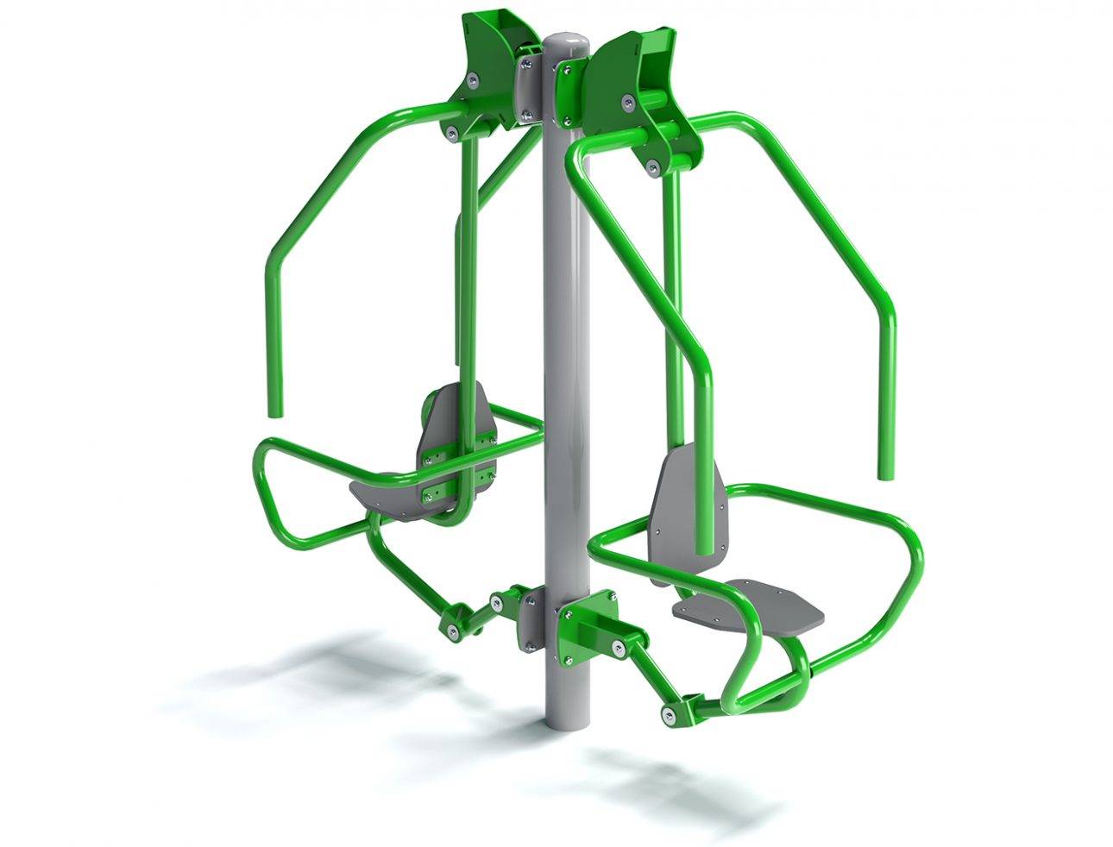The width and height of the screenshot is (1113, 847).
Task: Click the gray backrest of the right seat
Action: (685, 500)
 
